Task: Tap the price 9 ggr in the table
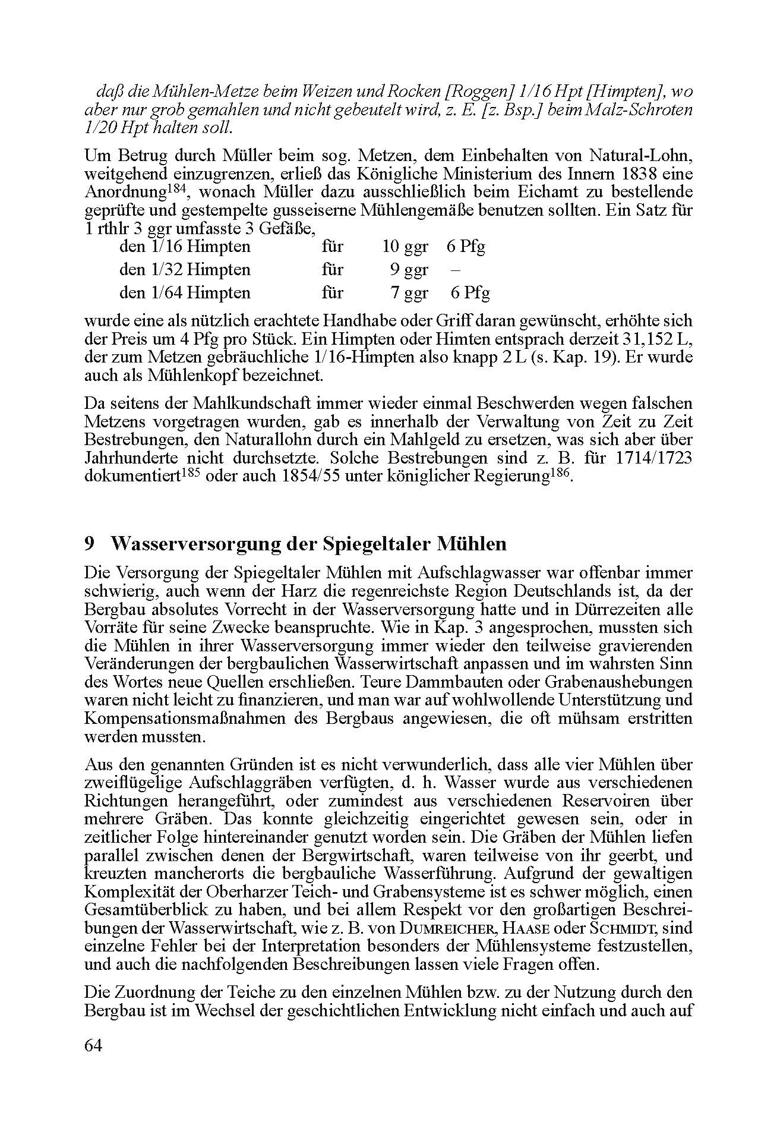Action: click(x=409, y=270)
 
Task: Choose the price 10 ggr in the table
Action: click(x=405, y=247)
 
